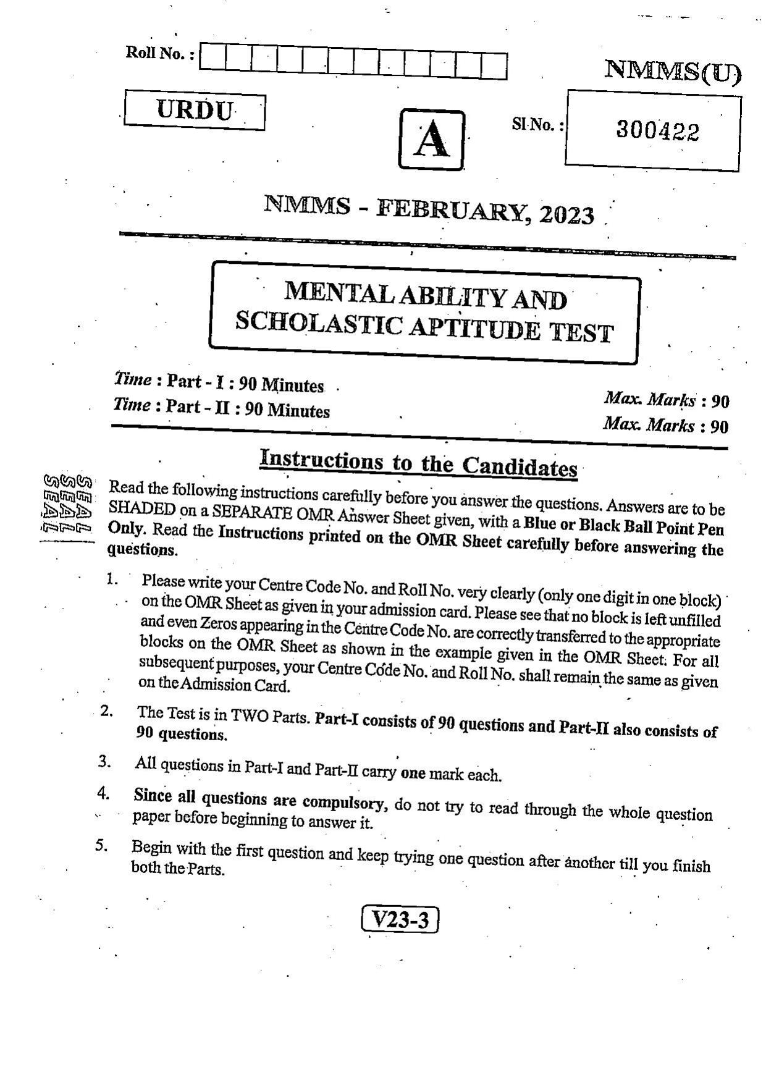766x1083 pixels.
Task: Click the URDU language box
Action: click(x=195, y=111)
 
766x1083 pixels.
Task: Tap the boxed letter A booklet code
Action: click(x=431, y=140)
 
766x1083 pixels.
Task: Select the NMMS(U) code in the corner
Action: click(x=672, y=72)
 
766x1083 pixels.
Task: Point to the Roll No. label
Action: click(x=160, y=53)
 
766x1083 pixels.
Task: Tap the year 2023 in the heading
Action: click(x=566, y=214)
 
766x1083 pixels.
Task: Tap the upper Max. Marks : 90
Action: click(x=667, y=400)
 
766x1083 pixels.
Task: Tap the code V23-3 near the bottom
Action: click(x=399, y=920)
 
